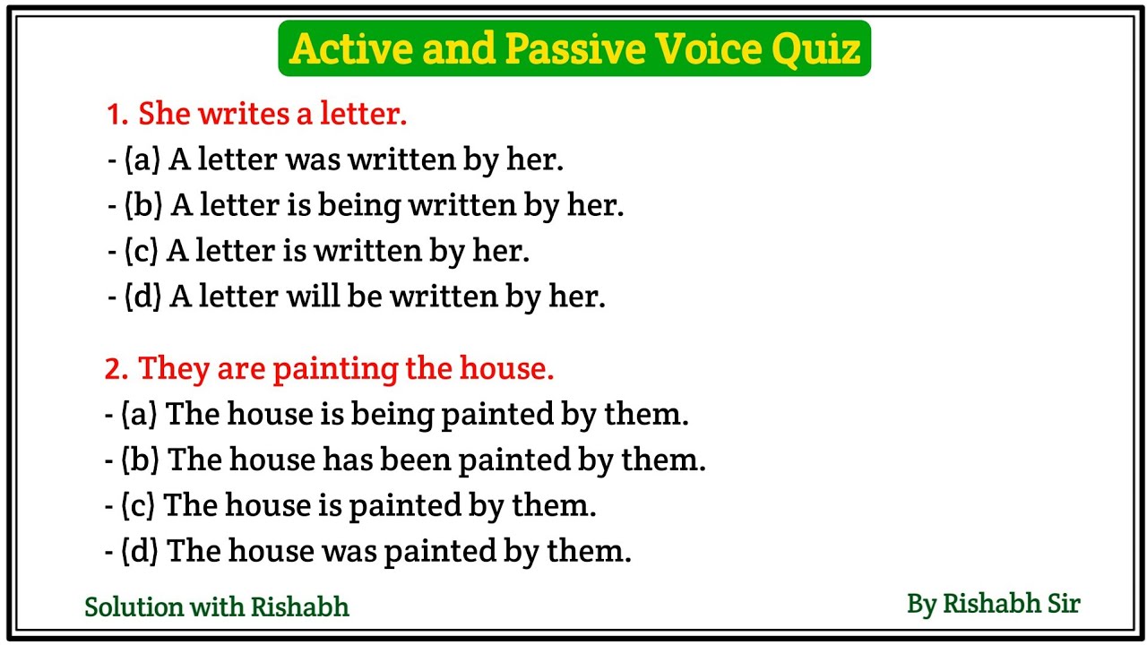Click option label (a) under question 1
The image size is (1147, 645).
[x=142, y=160]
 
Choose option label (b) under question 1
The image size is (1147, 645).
[x=142, y=206]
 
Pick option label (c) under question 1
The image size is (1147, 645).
[x=141, y=252]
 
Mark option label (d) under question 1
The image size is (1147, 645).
[x=142, y=297]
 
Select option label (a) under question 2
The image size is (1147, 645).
[x=140, y=414]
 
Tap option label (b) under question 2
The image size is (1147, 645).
[x=141, y=460]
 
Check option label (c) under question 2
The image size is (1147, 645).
[x=139, y=505]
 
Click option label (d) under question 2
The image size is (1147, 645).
[x=141, y=551]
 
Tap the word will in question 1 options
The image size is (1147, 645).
[x=312, y=297]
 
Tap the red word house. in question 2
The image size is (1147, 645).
[x=506, y=368]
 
